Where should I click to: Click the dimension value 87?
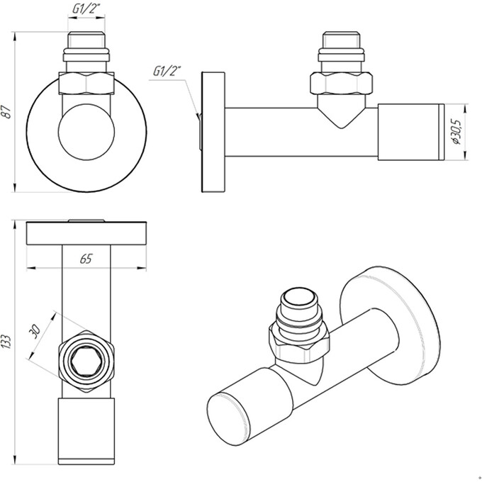8,111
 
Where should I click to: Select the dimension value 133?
8,343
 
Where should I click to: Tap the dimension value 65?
86,259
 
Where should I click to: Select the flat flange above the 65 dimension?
86,233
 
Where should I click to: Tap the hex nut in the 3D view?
298,344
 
